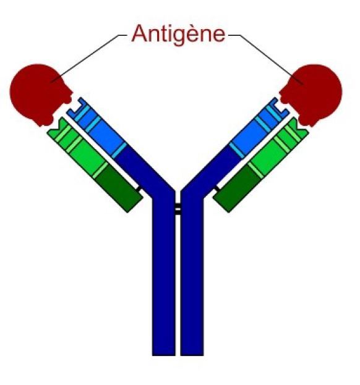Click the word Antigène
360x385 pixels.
[x=178, y=35]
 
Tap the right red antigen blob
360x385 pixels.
[x=312, y=95]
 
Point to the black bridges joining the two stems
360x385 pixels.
[x=178, y=209]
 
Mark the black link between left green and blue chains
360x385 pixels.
[x=139, y=189]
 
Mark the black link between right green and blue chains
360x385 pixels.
[x=217, y=188]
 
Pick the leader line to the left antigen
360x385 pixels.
[x=88, y=57]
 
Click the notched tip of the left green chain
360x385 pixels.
[x=57, y=129]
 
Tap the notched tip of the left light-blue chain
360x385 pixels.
[x=76, y=109]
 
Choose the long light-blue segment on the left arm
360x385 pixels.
[x=106, y=135]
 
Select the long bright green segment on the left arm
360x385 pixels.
[x=88, y=155]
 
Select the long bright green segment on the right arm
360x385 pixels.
[x=268, y=155]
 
